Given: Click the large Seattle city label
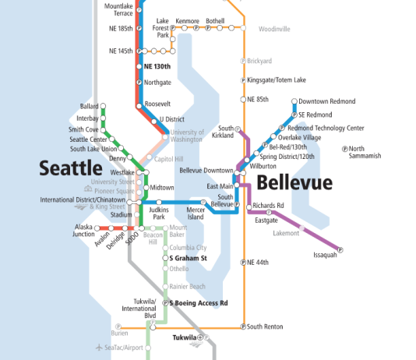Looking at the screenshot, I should click(71, 168).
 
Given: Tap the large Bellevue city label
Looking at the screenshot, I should click(294, 182).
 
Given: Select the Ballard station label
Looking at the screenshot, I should click(90, 106).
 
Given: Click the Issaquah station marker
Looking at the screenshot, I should click(340, 249).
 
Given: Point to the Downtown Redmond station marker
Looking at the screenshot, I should click(294, 101).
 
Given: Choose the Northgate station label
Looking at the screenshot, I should click(157, 82).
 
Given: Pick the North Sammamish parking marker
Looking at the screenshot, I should click(344, 149).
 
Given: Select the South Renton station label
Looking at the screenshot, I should click(265, 326).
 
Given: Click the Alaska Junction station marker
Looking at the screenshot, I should click(97, 228).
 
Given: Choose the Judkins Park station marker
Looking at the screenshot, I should click(159, 202).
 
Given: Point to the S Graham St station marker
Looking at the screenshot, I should click(165, 257).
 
